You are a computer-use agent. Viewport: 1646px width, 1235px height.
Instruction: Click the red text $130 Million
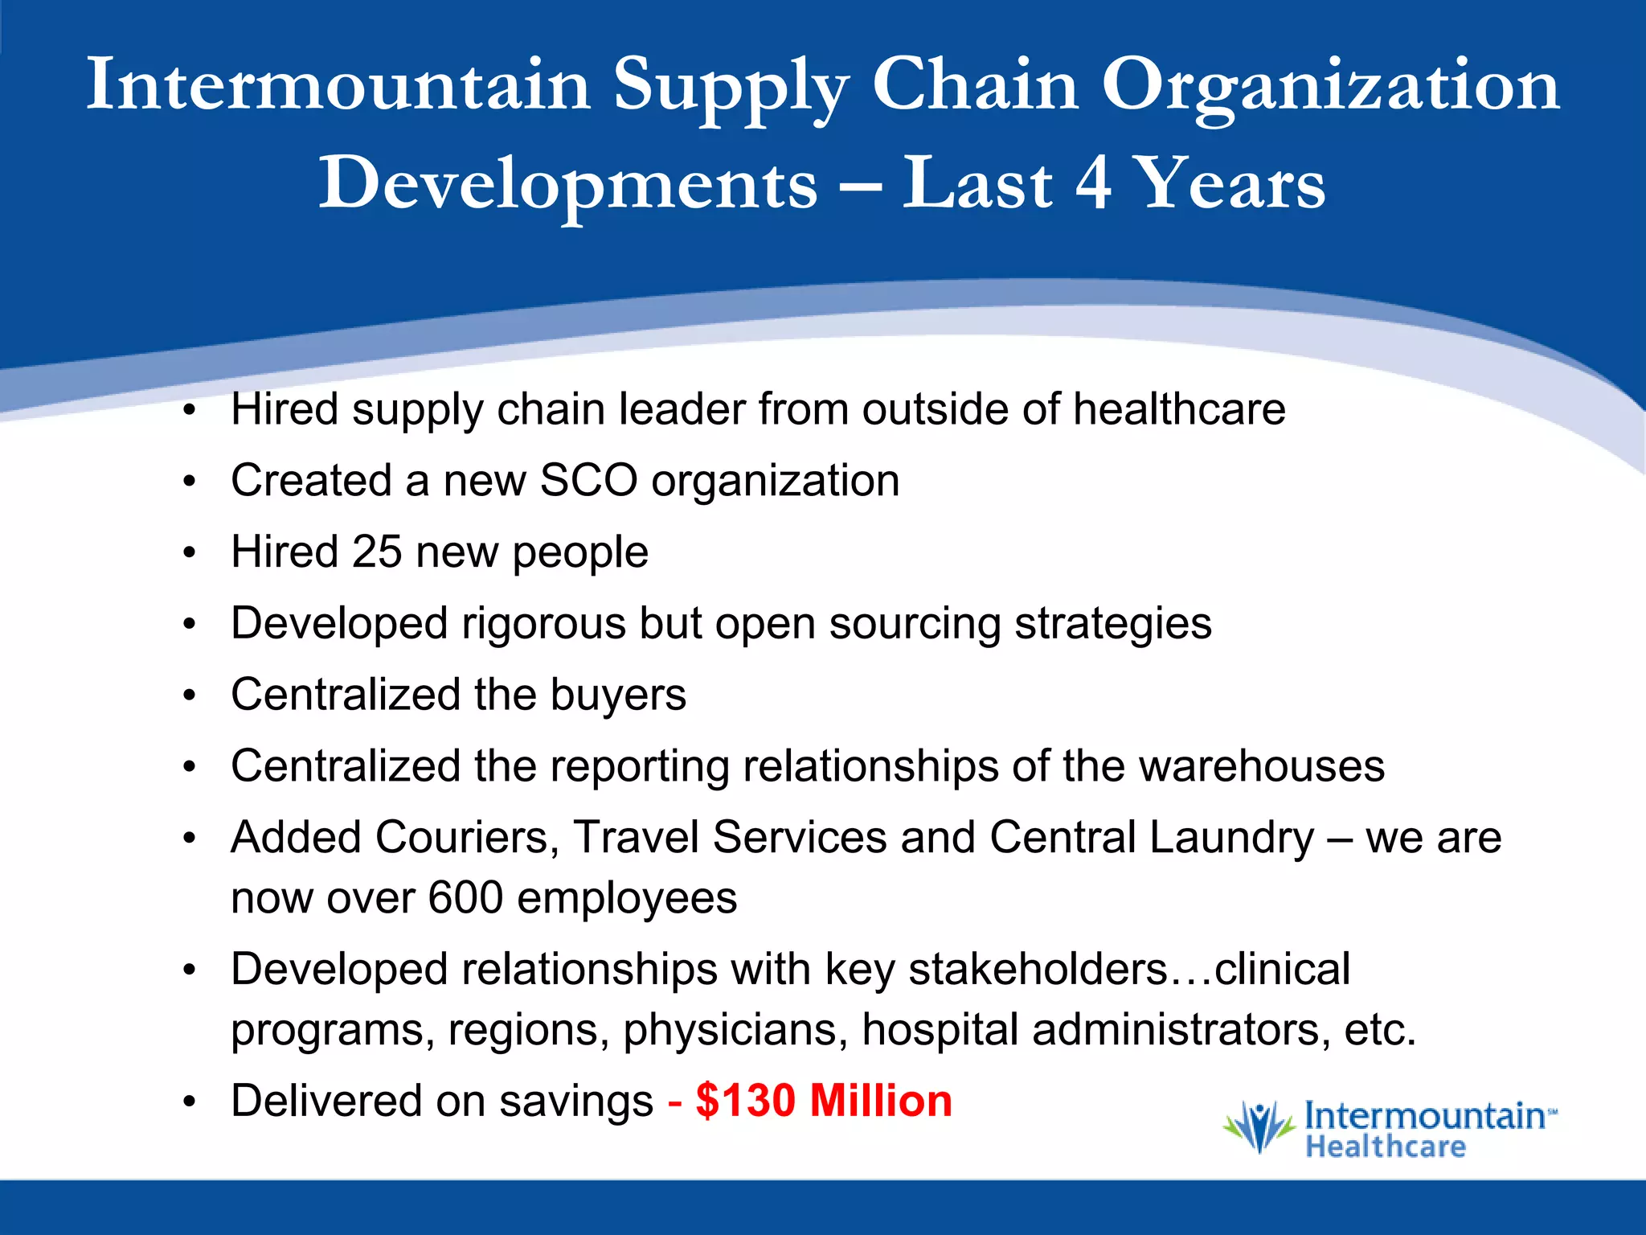point(824,1101)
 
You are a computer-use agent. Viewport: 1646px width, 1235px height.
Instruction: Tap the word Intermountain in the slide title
point(338,85)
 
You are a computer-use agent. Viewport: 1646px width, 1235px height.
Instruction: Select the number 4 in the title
point(1093,183)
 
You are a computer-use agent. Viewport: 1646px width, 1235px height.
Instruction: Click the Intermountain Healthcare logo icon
point(1259,1127)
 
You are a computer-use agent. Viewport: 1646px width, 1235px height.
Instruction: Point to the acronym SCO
point(588,481)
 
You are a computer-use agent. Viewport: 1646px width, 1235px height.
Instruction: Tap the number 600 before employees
point(465,898)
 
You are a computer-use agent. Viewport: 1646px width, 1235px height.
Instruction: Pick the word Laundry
point(1231,838)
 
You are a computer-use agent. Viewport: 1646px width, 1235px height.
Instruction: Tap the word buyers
point(618,695)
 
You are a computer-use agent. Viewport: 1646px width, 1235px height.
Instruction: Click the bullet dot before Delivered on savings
point(190,1102)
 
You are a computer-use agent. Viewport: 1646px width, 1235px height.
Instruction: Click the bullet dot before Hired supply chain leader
point(190,411)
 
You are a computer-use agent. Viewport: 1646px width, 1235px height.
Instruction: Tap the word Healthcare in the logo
point(1386,1147)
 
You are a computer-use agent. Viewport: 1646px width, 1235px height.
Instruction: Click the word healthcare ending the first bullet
point(1179,409)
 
